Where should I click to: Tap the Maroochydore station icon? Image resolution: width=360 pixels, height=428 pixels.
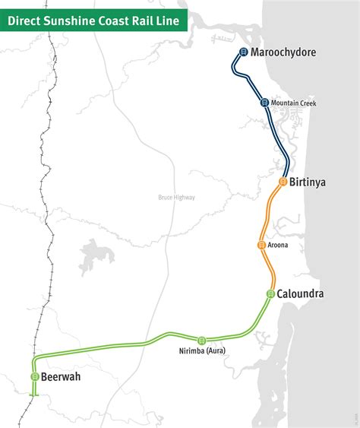tap(243, 52)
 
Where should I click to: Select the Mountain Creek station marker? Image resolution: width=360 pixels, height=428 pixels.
tap(264, 103)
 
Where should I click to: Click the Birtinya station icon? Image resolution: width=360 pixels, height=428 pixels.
tap(283, 182)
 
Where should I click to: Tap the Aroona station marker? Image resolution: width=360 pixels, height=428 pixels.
tap(261, 245)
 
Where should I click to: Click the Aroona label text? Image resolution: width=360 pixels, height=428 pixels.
tap(278, 245)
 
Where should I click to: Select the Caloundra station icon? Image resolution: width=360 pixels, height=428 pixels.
tap(270, 293)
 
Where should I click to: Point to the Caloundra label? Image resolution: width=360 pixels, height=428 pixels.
tap(302, 293)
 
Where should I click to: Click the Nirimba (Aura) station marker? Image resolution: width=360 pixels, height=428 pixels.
tap(201, 340)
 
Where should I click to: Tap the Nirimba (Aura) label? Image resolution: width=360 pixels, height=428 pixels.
tap(201, 350)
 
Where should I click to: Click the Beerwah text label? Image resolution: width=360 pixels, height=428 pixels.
tap(62, 377)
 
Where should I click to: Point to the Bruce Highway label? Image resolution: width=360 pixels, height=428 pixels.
tap(176, 198)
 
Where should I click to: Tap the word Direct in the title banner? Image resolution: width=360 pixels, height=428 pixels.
tap(25, 21)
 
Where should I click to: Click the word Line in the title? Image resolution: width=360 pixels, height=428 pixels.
tap(169, 21)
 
